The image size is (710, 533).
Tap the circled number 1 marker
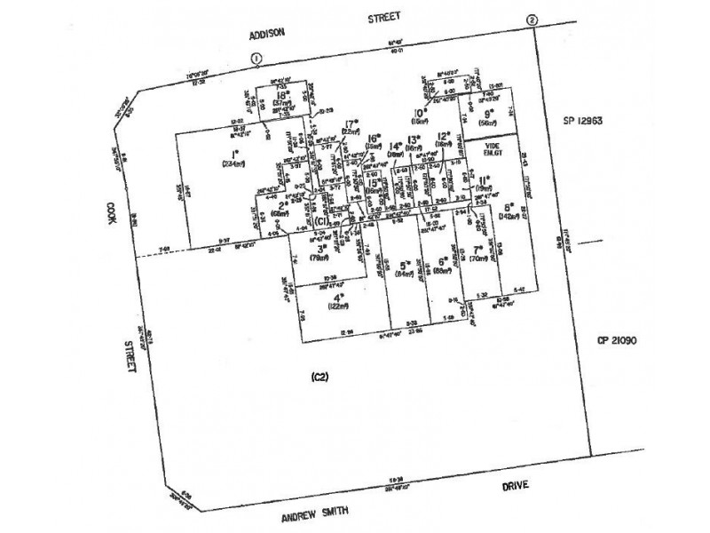click(256, 58)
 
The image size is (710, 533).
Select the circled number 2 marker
click(532, 20)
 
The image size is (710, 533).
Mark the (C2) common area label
click(319, 378)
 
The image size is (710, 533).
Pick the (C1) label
click(321, 221)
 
